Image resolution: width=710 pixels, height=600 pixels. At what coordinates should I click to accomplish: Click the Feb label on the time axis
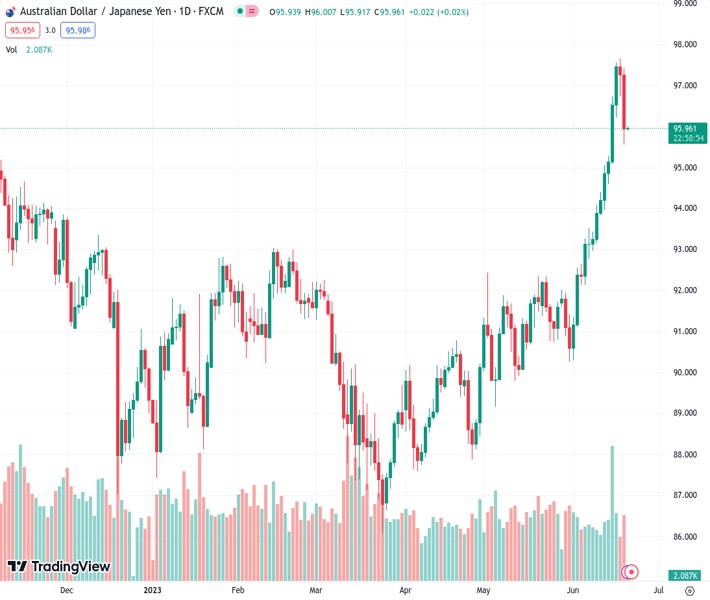pyautogui.click(x=238, y=590)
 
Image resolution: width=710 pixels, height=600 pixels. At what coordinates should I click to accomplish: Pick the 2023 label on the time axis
pyautogui.click(x=153, y=590)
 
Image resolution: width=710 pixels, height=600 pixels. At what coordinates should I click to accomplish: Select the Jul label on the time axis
pyautogui.click(x=642, y=590)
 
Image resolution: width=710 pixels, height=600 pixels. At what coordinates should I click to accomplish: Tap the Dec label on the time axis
pyautogui.click(x=67, y=590)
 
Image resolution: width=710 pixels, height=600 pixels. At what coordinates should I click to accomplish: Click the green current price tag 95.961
pyautogui.click(x=686, y=128)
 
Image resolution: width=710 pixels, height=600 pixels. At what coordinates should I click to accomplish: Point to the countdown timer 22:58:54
pyautogui.click(x=688, y=138)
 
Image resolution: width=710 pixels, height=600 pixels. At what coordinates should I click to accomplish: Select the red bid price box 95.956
pyautogui.click(x=21, y=31)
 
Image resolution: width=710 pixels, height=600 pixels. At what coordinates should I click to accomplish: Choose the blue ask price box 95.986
pyautogui.click(x=77, y=31)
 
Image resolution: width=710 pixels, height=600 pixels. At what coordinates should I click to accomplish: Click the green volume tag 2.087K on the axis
pyautogui.click(x=685, y=575)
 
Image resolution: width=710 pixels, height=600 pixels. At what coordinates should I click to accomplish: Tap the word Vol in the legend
pyautogui.click(x=12, y=49)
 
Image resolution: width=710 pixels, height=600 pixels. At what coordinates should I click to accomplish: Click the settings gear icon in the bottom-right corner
pyautogui.click(x=689, y=590)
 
